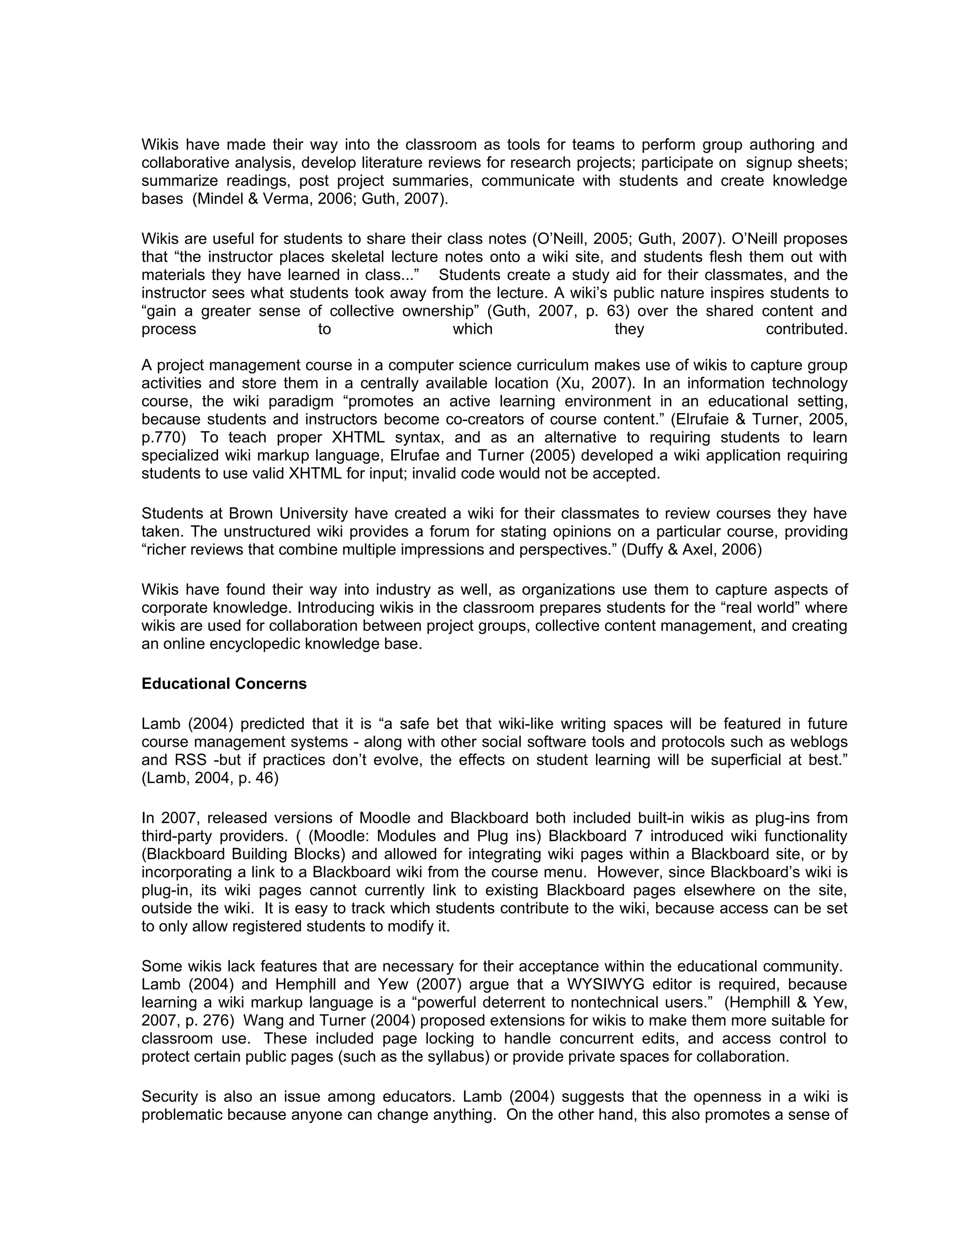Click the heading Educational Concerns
[x=224, y=683]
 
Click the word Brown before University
[x=252, y=514]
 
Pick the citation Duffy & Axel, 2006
[x=691, y=550]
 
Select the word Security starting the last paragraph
[x=169, y=1097]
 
